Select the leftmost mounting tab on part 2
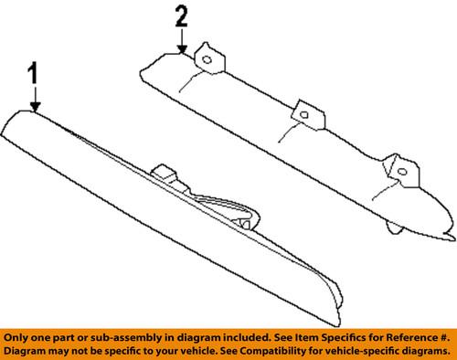[x=207, y=58]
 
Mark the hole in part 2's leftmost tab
[x=207, y=60]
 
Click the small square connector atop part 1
[x=165, y=173]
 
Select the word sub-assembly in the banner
[x=114, y=335]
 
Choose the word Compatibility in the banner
[x=263, y=350]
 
